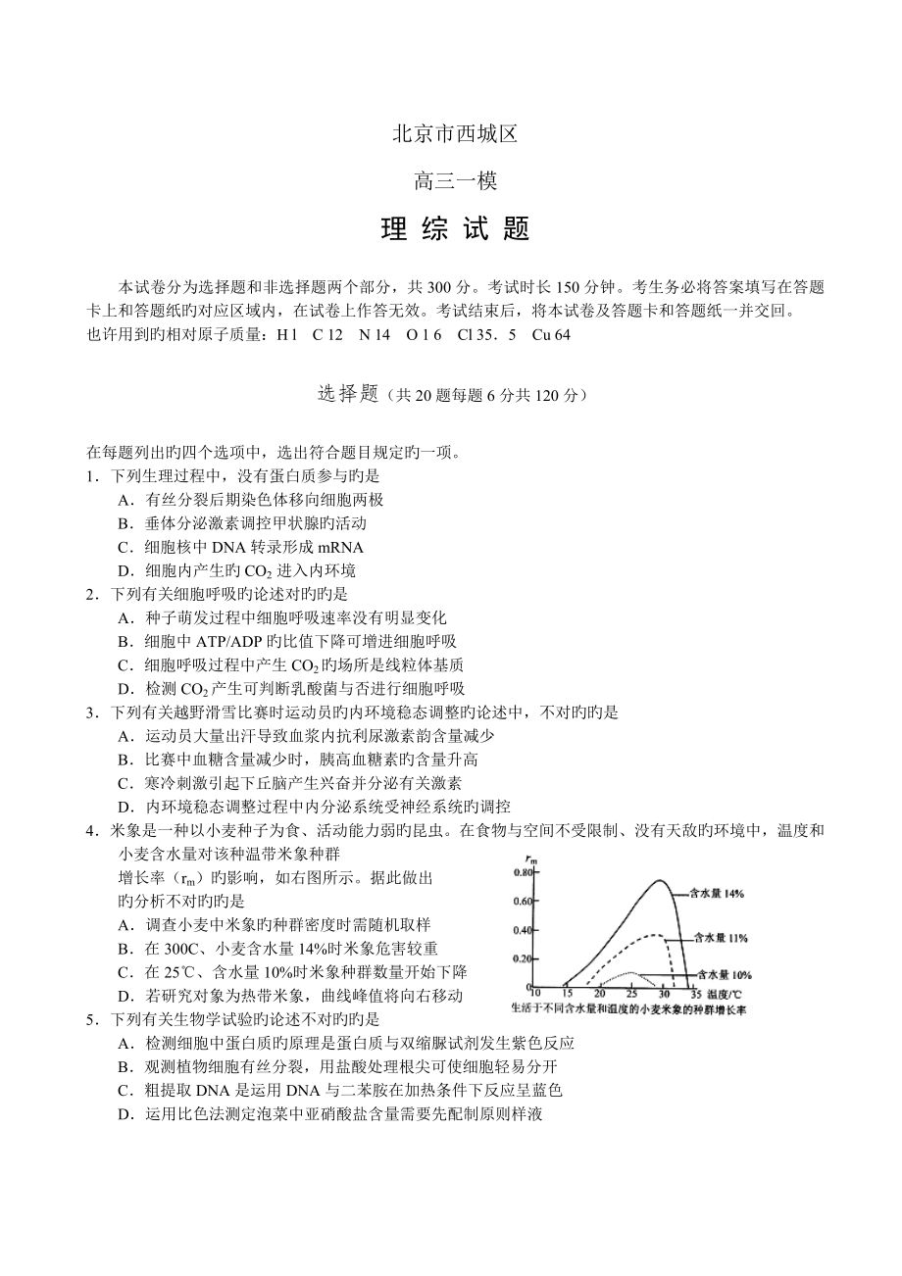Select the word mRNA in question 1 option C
pyautogui.click(x=340, y=547)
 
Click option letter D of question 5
pyautogui.click(x=124, y=1113)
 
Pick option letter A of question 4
pyautogui.click(x=124, y=924)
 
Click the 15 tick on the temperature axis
pyautogui.click(x=567, y=994)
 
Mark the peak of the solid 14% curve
pyautogui.click(x=659, y=880)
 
